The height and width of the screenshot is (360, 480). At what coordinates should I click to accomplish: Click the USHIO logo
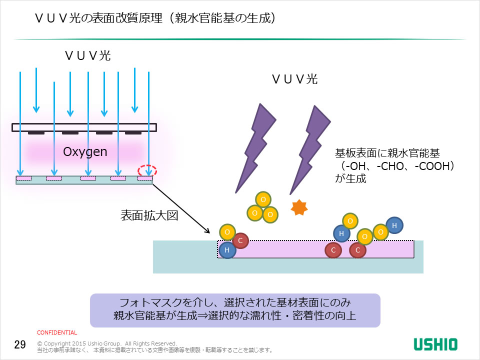pos(435,344)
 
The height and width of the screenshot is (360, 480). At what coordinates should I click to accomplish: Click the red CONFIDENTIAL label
pos(57,332)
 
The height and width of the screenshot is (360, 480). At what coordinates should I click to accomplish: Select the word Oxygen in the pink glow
pos(85,151)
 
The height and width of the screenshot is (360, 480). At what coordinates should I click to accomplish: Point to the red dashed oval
pos(147,170)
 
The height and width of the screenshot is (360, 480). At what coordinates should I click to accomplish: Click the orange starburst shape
pos(298,207)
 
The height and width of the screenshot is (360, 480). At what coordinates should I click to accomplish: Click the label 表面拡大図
pos(148,215)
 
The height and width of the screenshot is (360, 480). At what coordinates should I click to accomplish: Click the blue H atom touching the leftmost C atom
pos(227,250)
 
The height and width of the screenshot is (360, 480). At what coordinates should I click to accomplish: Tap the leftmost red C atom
pos(240,241)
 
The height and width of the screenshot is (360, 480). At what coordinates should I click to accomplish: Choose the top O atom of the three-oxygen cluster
pos(263,199)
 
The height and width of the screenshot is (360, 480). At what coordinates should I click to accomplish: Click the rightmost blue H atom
pos(394,225)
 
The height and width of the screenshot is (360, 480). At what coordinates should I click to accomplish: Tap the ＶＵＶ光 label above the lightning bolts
pos(294,78)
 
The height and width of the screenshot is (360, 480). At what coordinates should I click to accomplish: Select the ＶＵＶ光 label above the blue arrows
pos(87,55)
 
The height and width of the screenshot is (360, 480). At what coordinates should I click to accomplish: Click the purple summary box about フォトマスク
pos(235,309)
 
